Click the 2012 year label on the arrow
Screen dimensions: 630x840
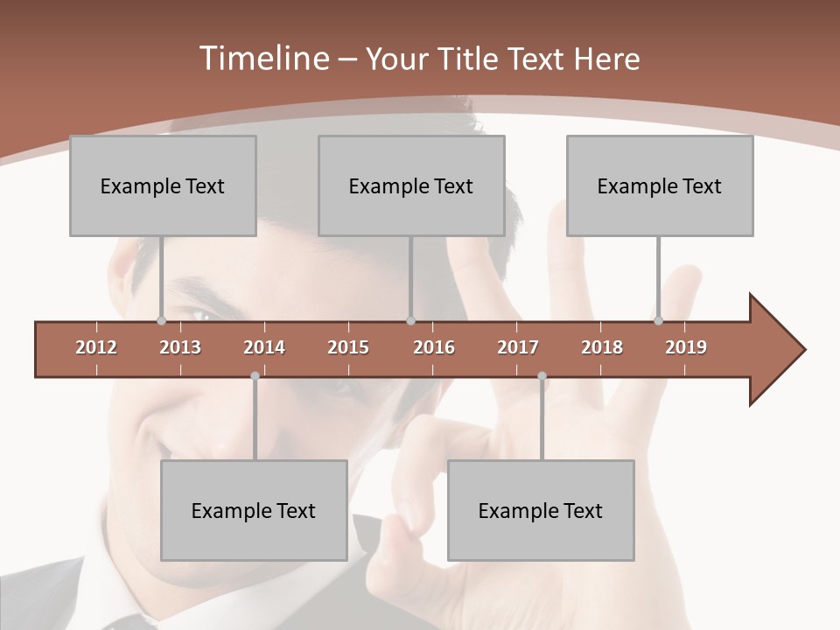[96, 347]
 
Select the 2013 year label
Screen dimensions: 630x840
[180, 347]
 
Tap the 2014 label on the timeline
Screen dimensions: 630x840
[264, 347]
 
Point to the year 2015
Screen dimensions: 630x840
[348, 347]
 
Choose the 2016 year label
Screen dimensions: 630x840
[434, 347]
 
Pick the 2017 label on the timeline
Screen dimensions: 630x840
[518, 347]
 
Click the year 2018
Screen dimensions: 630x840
[602, 347]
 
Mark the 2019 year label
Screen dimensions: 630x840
[686, 347]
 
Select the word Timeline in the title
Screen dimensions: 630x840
[262, 59]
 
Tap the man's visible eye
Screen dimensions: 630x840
[199, 315]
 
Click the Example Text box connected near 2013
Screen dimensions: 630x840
[163, 185]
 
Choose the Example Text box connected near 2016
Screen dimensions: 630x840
[411, 185]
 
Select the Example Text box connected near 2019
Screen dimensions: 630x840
[660, 185]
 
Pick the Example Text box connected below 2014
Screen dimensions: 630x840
[254, 510]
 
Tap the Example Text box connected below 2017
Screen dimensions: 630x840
[541, 510]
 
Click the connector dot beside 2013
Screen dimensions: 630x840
[161, 320]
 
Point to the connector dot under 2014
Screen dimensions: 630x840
[255, 375]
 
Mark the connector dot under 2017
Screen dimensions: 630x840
[542, 375]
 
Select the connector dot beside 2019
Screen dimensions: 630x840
[658, 320]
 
